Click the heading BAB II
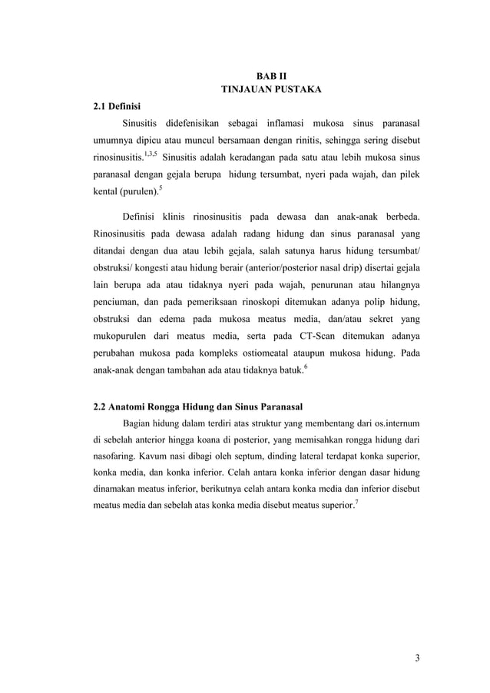(x=271, y=76)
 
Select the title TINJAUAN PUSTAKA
(x=271, y=90)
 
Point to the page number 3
(x=416, y=657)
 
